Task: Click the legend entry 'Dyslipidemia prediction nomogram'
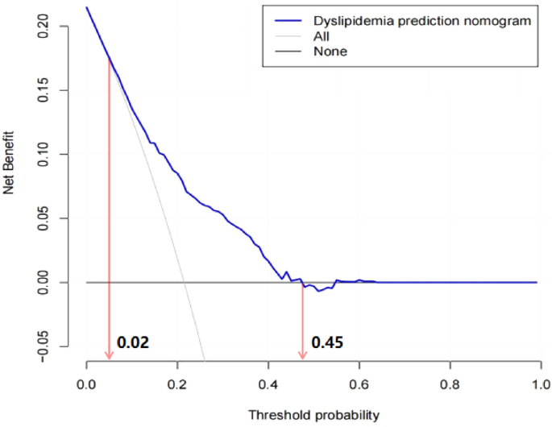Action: click(x=422, y=21)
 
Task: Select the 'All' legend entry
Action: click(x=322, y=36)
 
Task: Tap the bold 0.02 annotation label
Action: click(x=133, y=342)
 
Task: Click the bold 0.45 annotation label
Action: click(x=327, y=342)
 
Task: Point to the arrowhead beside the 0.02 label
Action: click(x=109, y=355)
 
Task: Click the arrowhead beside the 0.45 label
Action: click(x=303, y=355)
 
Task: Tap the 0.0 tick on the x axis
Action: click(x=87, y=385)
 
